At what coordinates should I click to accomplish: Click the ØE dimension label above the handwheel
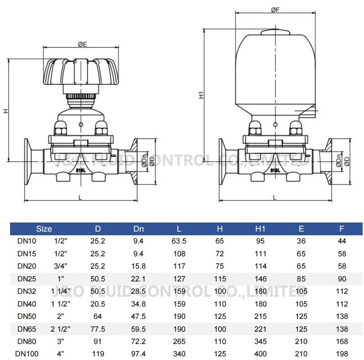(82, 44)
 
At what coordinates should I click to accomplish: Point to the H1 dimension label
(200, 95)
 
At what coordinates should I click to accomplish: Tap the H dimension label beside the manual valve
(5, 111)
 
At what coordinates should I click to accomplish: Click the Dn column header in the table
(138, 228)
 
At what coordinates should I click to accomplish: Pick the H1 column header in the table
(260, 228)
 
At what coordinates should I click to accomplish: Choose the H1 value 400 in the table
(260, 353)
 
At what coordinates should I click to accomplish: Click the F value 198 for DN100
(341, 353)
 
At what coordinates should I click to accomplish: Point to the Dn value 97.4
(138, 353)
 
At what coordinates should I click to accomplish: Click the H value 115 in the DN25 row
(220, 278)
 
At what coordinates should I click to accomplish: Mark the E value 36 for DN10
(301, 241)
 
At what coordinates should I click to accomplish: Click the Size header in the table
(44, 228)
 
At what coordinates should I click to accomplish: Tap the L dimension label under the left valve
(80, 197)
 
